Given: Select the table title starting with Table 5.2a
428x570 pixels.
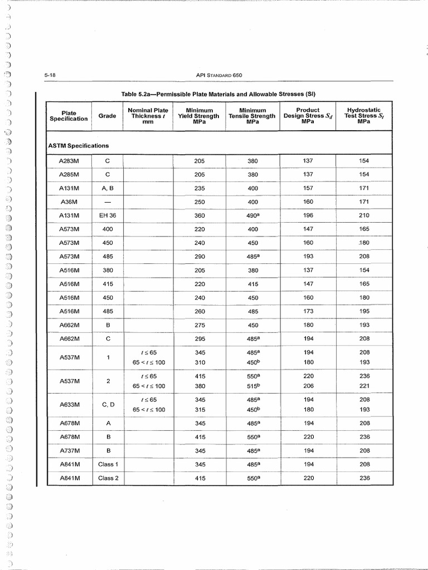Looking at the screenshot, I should click(x=222, y=92).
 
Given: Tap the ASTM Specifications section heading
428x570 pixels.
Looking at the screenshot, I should click(x=79, y=145).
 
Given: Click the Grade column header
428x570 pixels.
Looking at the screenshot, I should click(x=108, y=116).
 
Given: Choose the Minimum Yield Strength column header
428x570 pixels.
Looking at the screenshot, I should click(x=200, y=116).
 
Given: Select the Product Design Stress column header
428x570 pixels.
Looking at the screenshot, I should click(x=308, y=116).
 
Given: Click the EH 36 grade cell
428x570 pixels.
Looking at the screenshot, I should click(x=108, y=215).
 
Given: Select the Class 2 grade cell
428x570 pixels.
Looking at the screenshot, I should click(x=108, y=478).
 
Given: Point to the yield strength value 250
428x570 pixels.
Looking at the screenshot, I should click(x=200, y=202).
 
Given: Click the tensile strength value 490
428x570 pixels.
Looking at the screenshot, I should click(x=252, y=215).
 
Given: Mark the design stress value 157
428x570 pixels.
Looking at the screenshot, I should click(x=308, y=188).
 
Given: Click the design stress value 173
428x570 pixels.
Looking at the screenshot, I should click(x=308, y=311).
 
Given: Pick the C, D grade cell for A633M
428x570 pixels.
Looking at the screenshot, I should click(x=108, y=405).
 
